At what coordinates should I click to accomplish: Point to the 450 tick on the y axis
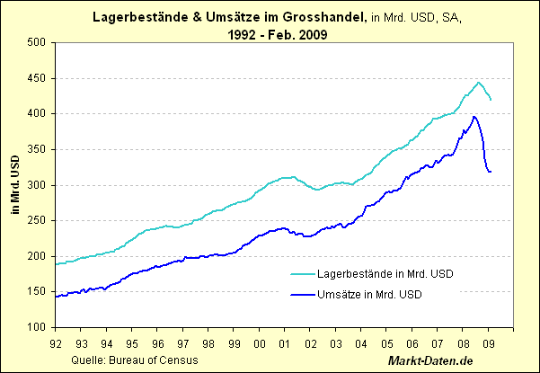coord(37,78)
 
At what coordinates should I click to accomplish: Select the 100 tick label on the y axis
coord(37,328)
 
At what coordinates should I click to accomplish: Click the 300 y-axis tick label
coord(37,185)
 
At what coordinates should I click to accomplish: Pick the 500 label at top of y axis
coord(37,42)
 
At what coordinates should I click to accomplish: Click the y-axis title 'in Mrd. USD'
coord(13,185)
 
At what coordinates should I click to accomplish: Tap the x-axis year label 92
coord(56,342)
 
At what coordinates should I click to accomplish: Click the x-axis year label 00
coord(261,342)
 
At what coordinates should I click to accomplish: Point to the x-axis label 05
coord(389,342)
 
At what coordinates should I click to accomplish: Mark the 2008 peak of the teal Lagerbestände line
coord(478,82)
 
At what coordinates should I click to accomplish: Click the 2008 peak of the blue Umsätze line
coord(474,117)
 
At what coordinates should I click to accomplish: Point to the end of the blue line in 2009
coord(491,172)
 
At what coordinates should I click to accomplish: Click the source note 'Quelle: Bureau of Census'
coord(129,360)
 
